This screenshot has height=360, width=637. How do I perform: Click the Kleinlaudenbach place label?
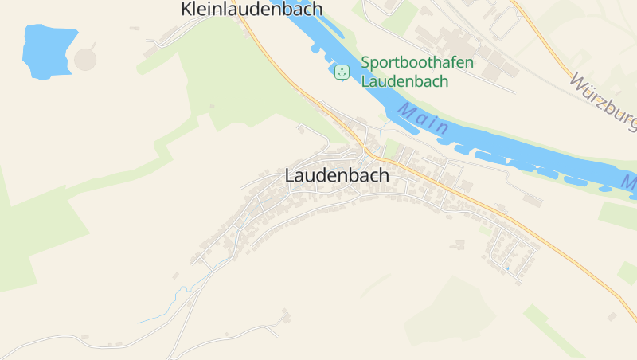[x=252, y=9]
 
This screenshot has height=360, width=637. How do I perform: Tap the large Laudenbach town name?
[x=337, y=176]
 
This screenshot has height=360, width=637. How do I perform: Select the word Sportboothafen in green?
[x=417, y=63]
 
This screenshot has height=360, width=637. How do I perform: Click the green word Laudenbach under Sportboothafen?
[x=404, y=80]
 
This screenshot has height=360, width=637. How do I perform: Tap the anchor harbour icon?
[x=342, y=72]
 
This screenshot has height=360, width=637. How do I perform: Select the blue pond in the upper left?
[x=48, y=52]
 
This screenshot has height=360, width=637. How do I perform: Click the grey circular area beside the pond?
[x=85, y=59]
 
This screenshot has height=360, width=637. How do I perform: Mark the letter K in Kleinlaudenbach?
[x=187, y=9]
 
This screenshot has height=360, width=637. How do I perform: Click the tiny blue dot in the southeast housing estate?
[x=506, y=268]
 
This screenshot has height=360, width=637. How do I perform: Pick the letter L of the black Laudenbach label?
[x=290, y=176]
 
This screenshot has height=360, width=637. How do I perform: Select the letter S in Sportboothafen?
[x=365, y=63]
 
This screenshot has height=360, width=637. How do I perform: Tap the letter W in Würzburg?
[x=579, y=84]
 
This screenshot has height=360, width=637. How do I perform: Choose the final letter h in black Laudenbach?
[x=384, y=176]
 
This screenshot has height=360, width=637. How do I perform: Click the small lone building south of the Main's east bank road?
[x=532, y=200]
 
